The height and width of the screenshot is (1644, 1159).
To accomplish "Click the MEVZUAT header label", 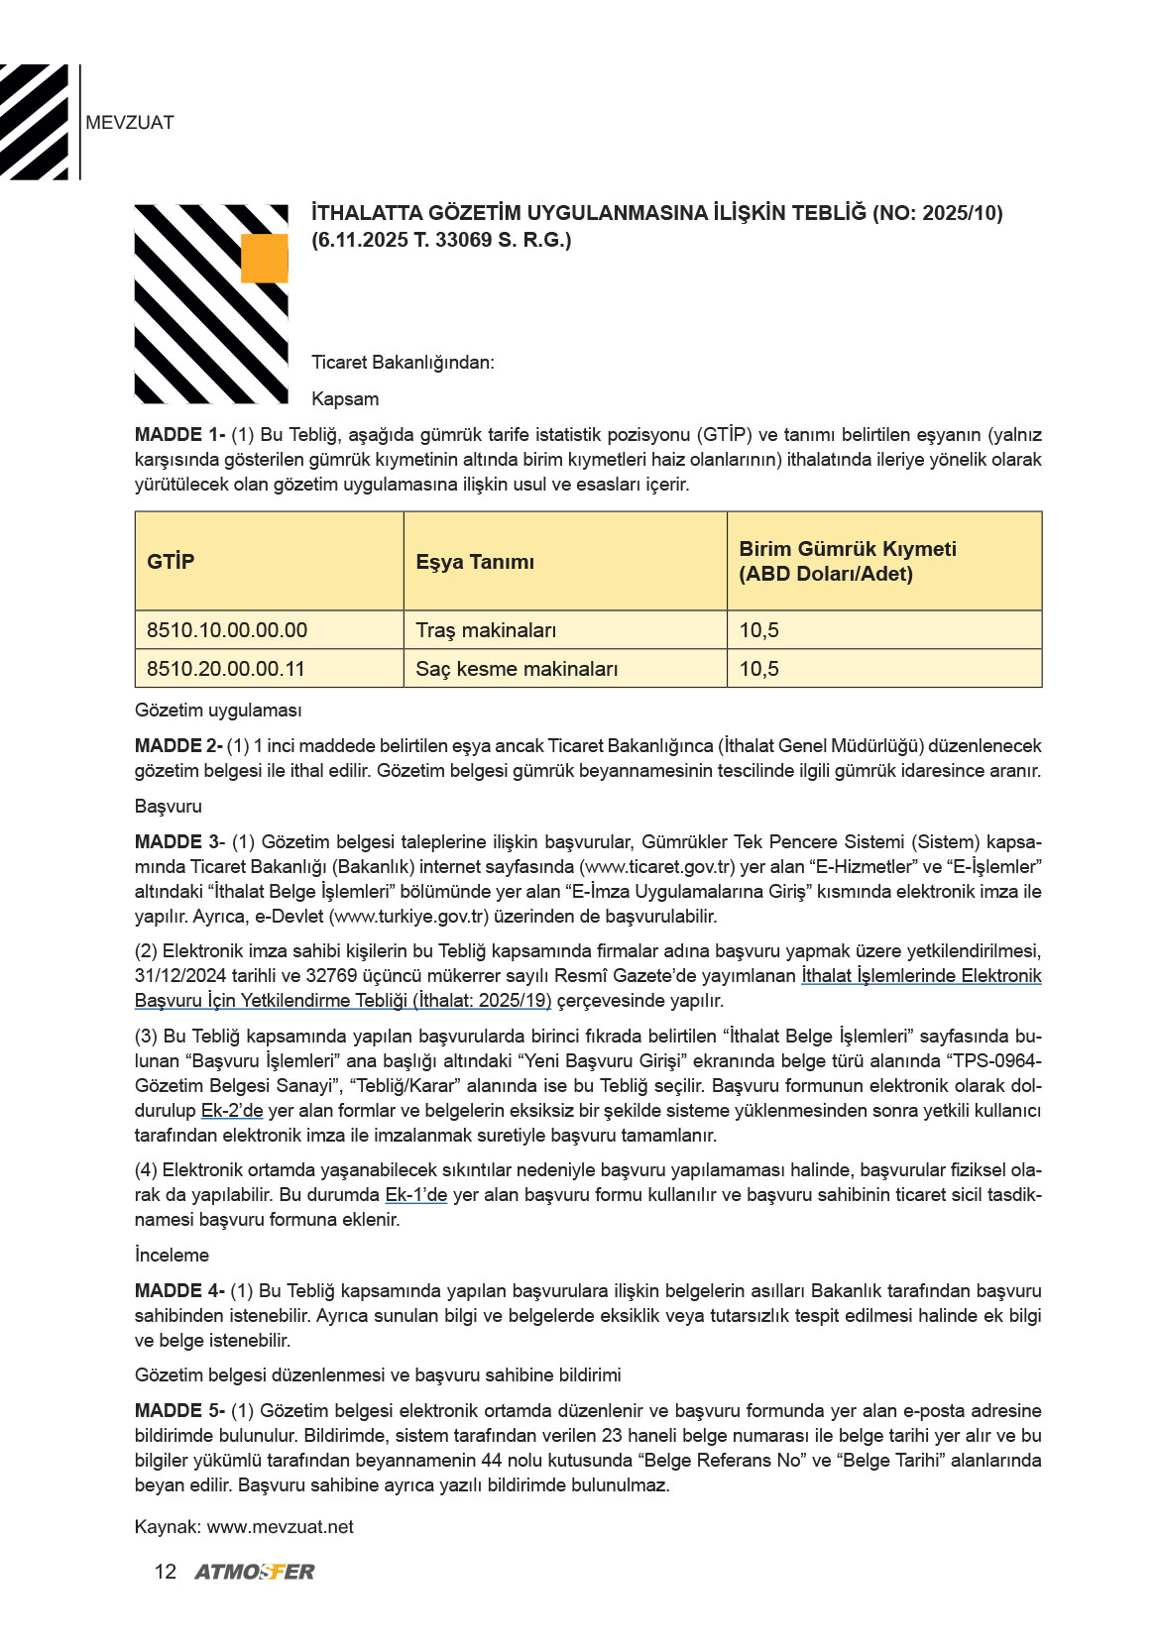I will click(x=130, y=123).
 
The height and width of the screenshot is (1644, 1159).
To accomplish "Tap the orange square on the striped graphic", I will click(x=264, y=259).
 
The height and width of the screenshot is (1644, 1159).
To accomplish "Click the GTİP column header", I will click(x=171, y=562).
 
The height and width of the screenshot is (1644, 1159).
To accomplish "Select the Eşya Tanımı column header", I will click(x=475, y=562).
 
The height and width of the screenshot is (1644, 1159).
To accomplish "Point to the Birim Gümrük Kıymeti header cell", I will click(x=848, y=561).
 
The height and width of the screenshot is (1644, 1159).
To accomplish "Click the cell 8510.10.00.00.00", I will click(x=227, y=630).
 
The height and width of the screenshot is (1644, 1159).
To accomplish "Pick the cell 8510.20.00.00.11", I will click(x=226, y=669).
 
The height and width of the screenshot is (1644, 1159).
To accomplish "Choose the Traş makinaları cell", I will click(x=486, y=630).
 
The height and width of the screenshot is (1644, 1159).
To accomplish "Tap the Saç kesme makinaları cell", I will click(x=517, y=669).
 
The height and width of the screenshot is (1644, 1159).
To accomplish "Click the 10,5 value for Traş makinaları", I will click(x=759, y=630).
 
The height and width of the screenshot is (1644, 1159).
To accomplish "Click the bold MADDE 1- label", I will click(x=179, y=435).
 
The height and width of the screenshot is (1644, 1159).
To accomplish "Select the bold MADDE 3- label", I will click(x=179, y=842).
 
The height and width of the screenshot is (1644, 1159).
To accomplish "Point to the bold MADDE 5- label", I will click(x=179, y=1411).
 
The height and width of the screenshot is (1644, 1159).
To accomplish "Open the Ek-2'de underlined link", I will click(x=232, y=1111).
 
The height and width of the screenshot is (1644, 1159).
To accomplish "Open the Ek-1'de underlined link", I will click(x=416, y=1195).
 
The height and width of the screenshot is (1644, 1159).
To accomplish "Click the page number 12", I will click(x=166, y=1572).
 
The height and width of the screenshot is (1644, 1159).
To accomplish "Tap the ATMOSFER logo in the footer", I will click(x=255, y=1572).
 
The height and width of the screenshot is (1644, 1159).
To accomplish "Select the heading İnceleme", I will click(x=173, y=1256).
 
